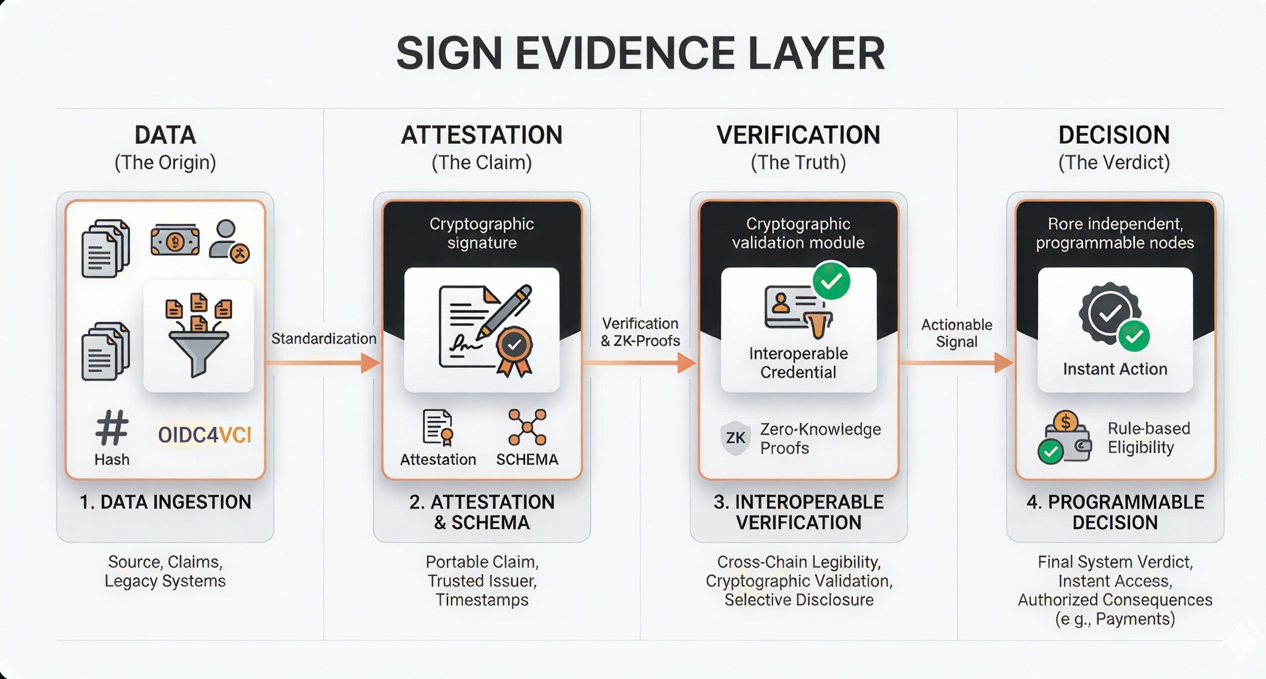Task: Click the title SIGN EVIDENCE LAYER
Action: click(x=640, y=53)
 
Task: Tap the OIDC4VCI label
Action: click(x=205, y=435)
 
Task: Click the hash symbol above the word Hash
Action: click(x=111, y=428)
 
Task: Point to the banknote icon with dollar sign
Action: click(x=175, y=240)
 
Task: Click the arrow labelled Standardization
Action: click(x=323, y=363)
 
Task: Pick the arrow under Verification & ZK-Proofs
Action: click(x=640, y=363)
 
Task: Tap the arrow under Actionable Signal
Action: click(x=956, y=363)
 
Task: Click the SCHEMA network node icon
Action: click(x=527, y=427)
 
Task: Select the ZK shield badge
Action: click(x=735, y=438)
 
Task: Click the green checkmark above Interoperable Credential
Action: click(x=831, y=281)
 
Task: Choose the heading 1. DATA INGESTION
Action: click(x=165, y=502)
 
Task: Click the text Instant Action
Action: click(x=1115, y=369)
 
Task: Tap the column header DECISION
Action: click(x=1114, y=135)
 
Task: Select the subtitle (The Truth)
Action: click(x=798, y=162)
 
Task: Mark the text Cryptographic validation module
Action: click(x=798, y=233)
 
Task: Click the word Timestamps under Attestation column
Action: click(x=482, y=600)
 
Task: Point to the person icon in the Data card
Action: click(x=227, y=240)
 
